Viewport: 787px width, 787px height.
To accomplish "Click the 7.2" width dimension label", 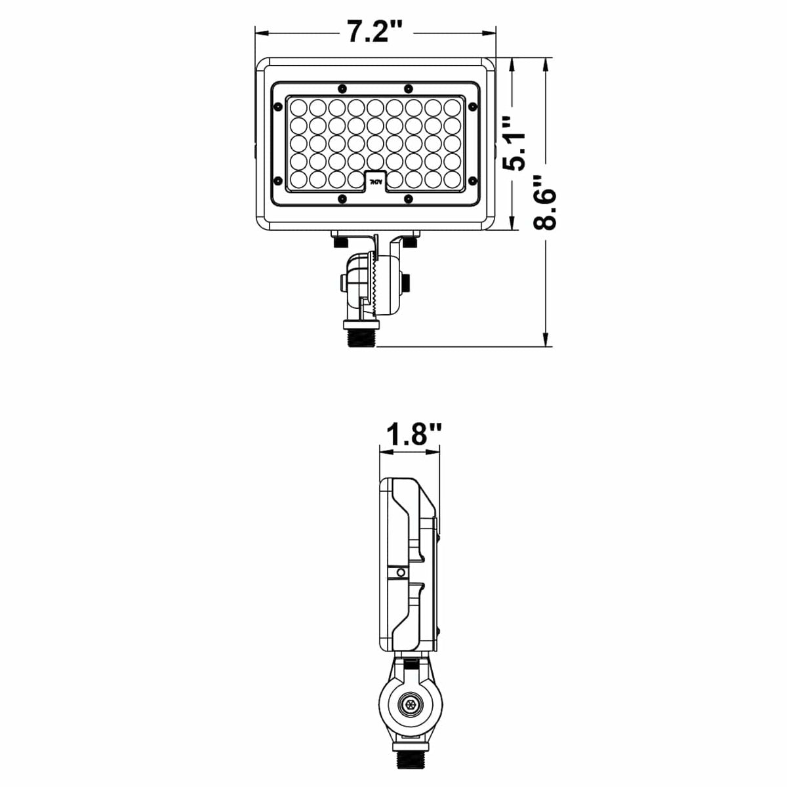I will (374, 31).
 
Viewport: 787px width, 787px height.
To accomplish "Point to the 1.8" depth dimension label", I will (414, 435).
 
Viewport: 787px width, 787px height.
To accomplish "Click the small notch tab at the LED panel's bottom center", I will (375, 180).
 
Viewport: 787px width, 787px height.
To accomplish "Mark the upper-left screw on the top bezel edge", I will (340, 88).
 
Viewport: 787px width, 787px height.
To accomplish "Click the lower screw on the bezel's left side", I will (278, 179).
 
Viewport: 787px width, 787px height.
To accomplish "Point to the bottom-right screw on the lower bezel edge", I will (408, 198).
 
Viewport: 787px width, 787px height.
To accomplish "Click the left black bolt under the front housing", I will (340, 243).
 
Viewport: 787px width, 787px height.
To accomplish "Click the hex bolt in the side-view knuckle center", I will (410, 706).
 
